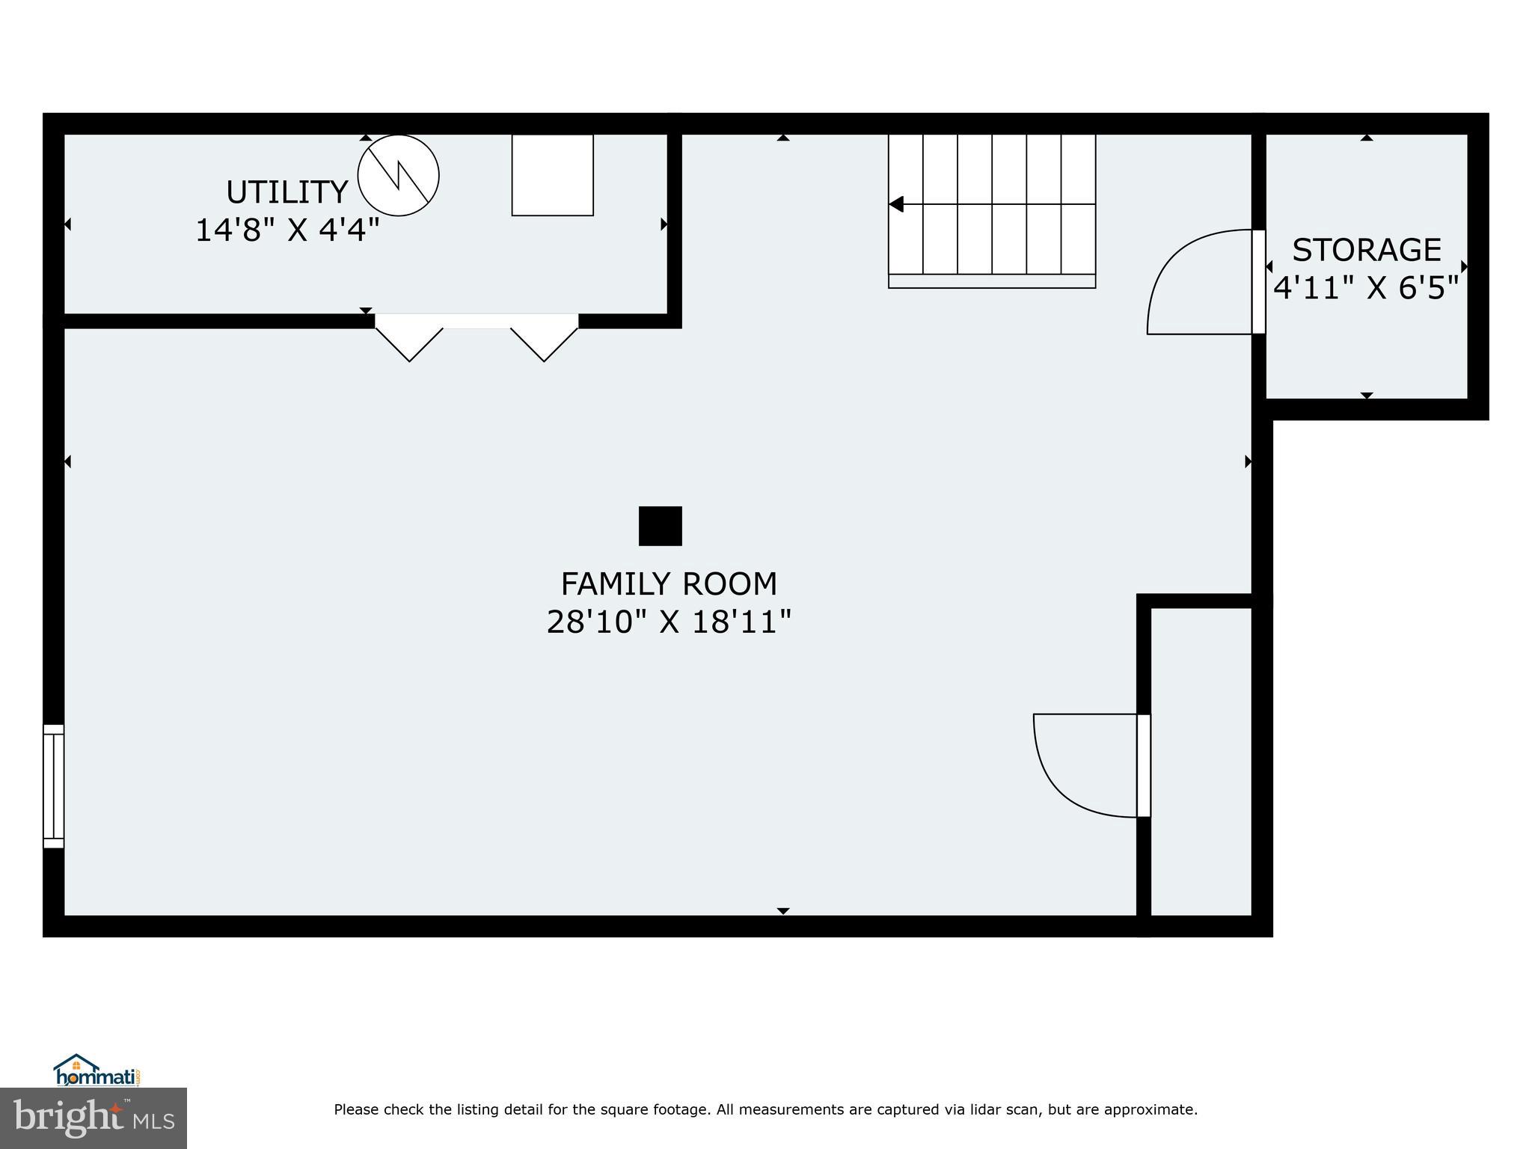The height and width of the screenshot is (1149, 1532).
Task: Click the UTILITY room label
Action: [287, 192]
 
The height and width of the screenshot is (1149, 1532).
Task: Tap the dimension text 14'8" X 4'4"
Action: [287, 230]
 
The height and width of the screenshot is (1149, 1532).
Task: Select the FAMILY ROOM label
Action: [669, 583]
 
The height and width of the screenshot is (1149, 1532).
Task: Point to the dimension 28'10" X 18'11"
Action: [669, 622]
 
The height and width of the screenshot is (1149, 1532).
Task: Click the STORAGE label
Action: [1366, 250]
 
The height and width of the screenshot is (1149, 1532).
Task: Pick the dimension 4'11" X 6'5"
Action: [1366, 287]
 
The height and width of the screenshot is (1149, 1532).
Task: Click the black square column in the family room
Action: [660, 526]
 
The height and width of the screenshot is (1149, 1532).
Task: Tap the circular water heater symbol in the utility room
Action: [398, 176]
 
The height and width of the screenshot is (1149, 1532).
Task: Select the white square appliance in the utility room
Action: [552, 175]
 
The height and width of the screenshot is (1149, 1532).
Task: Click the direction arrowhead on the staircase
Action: [896, 204]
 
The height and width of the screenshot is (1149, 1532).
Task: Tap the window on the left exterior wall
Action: [53, 785]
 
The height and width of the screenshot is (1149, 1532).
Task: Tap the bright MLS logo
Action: [94, 1118]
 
